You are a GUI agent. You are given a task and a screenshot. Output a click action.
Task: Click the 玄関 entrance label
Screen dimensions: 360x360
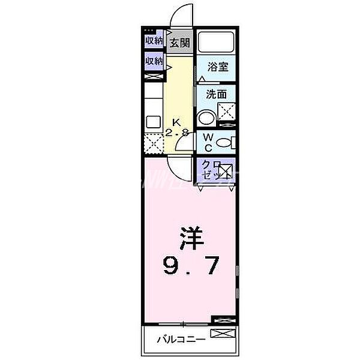(x=179, y=43)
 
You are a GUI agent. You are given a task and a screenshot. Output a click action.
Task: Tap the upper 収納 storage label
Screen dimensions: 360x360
(x=154, y=41)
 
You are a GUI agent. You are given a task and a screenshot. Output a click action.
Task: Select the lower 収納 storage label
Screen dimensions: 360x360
(x=154, y=61)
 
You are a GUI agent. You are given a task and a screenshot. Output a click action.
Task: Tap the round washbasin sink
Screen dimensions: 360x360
(x=205, y=118)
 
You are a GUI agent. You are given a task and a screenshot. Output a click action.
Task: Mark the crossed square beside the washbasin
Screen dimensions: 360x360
(x=226, y=111)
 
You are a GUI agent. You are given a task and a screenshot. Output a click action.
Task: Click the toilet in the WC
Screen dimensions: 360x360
(x=224, y=143)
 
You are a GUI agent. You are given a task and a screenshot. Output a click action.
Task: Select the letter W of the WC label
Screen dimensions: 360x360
(x=205, y=138)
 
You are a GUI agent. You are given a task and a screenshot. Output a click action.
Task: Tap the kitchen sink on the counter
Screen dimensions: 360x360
(x=152, y=117)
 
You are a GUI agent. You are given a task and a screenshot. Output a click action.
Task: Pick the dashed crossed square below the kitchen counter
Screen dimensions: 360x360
(x=153, y=144)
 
